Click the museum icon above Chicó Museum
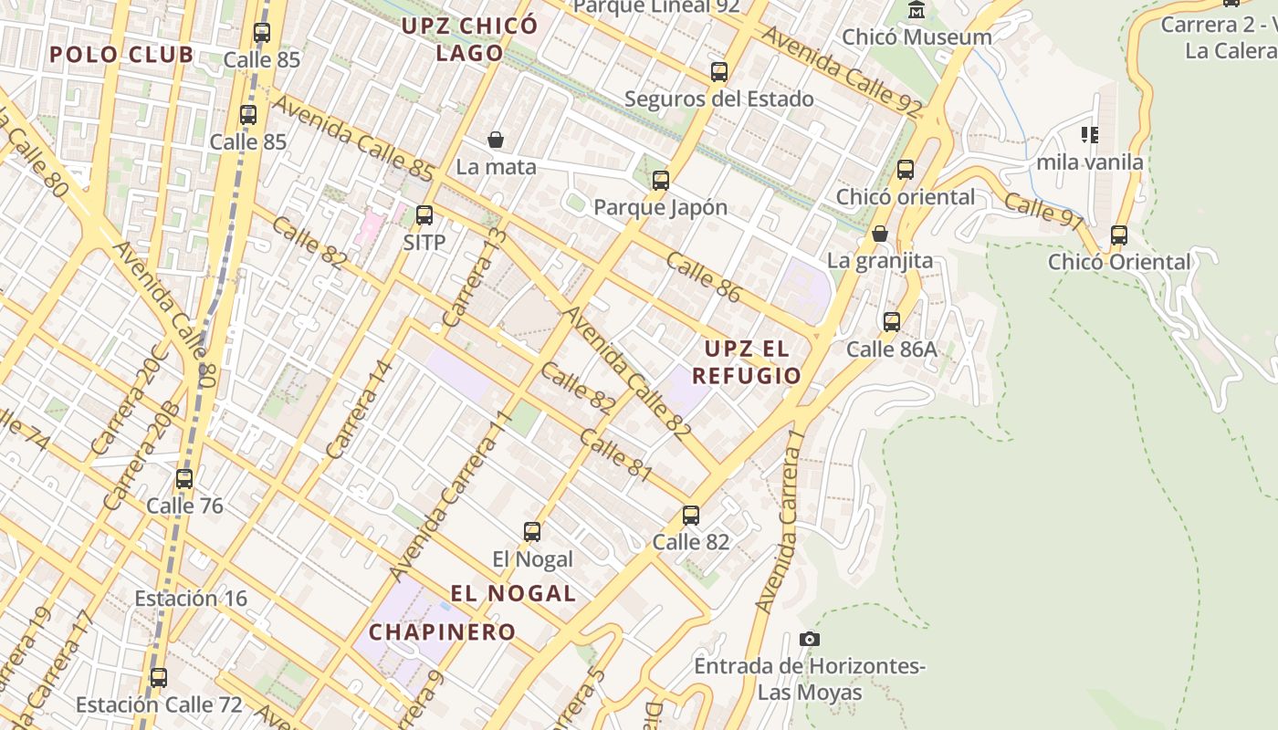[x=917, y=10]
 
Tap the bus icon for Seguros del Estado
[x=719, y=72]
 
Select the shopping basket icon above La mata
[x=496, y=140]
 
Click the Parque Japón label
[x=660, y=207]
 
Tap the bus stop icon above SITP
[x=424, y=215]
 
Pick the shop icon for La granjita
[x=880, y=235]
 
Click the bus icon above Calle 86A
[x=892, y=322]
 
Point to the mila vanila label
[x=1089, y=162]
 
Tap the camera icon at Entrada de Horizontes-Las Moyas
[x=809, y=639]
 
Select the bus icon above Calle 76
[x=184, y=479]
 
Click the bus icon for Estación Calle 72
[x=159, y=678]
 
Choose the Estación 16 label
[x=191, y=599]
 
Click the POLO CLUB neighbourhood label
[x=121, y=55]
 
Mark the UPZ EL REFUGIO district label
[x=746, y=362]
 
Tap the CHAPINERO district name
[x=443, y=631]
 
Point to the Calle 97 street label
[x=1043, y=212]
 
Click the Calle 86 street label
[x=703, y=276]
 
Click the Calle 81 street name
[x=615, y=454]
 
